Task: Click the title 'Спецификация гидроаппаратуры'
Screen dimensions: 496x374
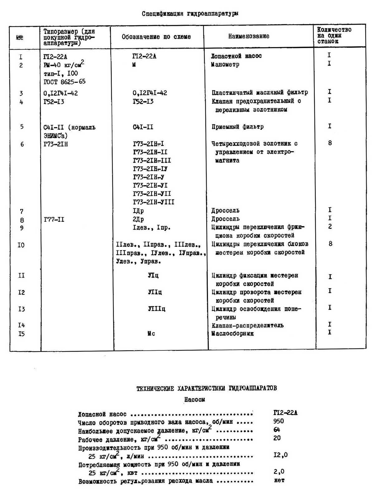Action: click(x=190, y=13)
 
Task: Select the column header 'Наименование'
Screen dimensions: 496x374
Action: click(x=248, y=36)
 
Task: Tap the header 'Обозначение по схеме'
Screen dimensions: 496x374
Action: click(x=156, y=36)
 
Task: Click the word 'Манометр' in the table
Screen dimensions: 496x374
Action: click(x=225, y=65)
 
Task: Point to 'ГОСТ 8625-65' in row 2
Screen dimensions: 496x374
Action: click(x=65, y=82)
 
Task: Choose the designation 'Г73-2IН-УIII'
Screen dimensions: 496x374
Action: click(x=153, y=202)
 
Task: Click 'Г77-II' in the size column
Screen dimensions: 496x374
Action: click(x=54, y=219)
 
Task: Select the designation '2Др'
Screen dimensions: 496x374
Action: click(x=138, y=219)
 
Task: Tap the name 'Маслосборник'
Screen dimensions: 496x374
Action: click(x=233, y=334)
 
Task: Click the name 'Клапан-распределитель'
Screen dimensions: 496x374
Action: click(x=247, y=325)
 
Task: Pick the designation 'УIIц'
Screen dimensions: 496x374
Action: click(x=155, y=292)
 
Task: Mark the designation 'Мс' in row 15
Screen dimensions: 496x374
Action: click(x=151, y=334)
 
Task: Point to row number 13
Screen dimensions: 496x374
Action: click(x=21, y=309)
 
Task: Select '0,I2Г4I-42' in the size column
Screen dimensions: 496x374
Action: click(x=60, y=93)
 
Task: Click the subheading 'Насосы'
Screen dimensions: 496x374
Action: click(x=194, y=399)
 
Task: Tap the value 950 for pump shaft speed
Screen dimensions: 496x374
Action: click(x=278, y=421)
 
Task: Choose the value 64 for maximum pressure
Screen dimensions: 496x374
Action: click(x=276, y=430)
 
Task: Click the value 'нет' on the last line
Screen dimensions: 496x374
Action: click(x=279, y=480)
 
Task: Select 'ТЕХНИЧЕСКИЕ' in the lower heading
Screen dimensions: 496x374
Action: click(x=155, y=388)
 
